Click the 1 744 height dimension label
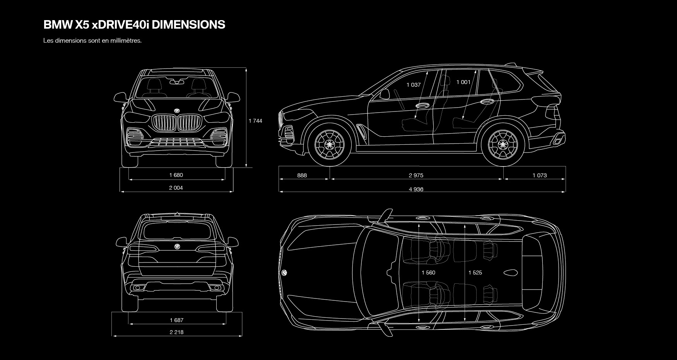click(x=255, y=121)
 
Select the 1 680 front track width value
click(x=176, y=175)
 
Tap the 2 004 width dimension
click(x=176, y=188)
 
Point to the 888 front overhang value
click(x=302, y=175)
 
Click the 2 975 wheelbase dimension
click(x=416, y=175)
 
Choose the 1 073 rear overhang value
click(x=540, y=175)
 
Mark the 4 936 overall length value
click(x=416, y=189)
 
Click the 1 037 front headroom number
click(x=414, y=85)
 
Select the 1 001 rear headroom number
click(x=463, y=82)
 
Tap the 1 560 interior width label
click(x=428, y=273)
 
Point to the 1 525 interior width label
click(x=475, y=273)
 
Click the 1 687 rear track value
click(x=176, y=320)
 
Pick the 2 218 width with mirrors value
click(x=176, y=332)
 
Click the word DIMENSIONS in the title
click(x=188, y=24)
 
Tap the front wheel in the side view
click(x=329, y=144)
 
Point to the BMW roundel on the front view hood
click(x=177, y=111)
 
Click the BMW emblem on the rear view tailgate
click(x=176, y=246)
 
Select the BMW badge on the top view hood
click(x=284, y=273)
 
